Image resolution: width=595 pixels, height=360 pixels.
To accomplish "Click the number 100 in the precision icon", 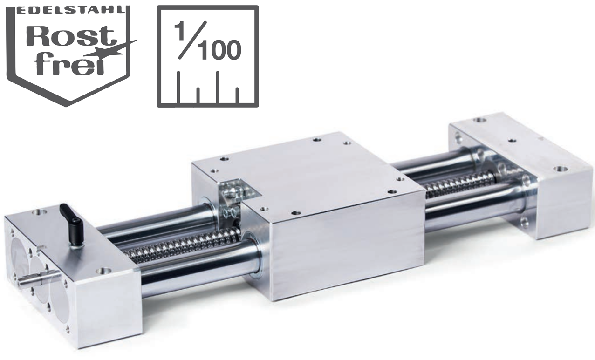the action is point(221,50).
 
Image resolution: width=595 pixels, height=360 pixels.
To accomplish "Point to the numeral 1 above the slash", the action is point(180,31).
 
